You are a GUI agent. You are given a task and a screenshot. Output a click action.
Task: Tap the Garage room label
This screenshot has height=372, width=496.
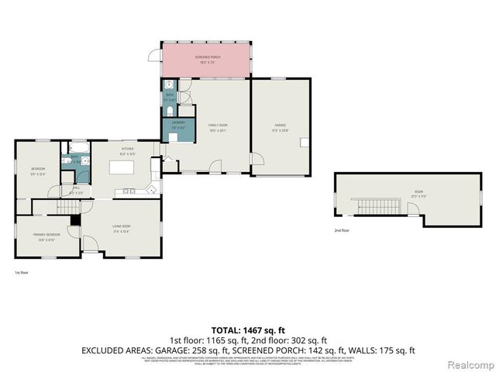click(x=280, y=126)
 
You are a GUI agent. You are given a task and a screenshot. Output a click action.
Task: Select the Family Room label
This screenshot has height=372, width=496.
click(x=216, y=126)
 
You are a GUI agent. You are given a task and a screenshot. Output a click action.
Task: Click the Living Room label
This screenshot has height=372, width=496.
click(x=121, y=226)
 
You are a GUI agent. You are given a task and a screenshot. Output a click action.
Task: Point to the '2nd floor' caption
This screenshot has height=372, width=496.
click(x=342, y=231)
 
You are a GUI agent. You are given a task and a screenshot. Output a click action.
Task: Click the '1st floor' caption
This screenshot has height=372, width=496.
click(x=22, y=273)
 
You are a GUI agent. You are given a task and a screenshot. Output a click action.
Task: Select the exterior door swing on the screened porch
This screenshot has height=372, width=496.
click(x=154, y=56)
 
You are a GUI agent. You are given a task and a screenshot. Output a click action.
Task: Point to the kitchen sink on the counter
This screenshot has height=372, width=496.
click(x=127, y=191)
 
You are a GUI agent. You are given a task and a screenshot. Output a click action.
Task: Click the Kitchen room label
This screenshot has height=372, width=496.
click(x=127, y=150)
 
